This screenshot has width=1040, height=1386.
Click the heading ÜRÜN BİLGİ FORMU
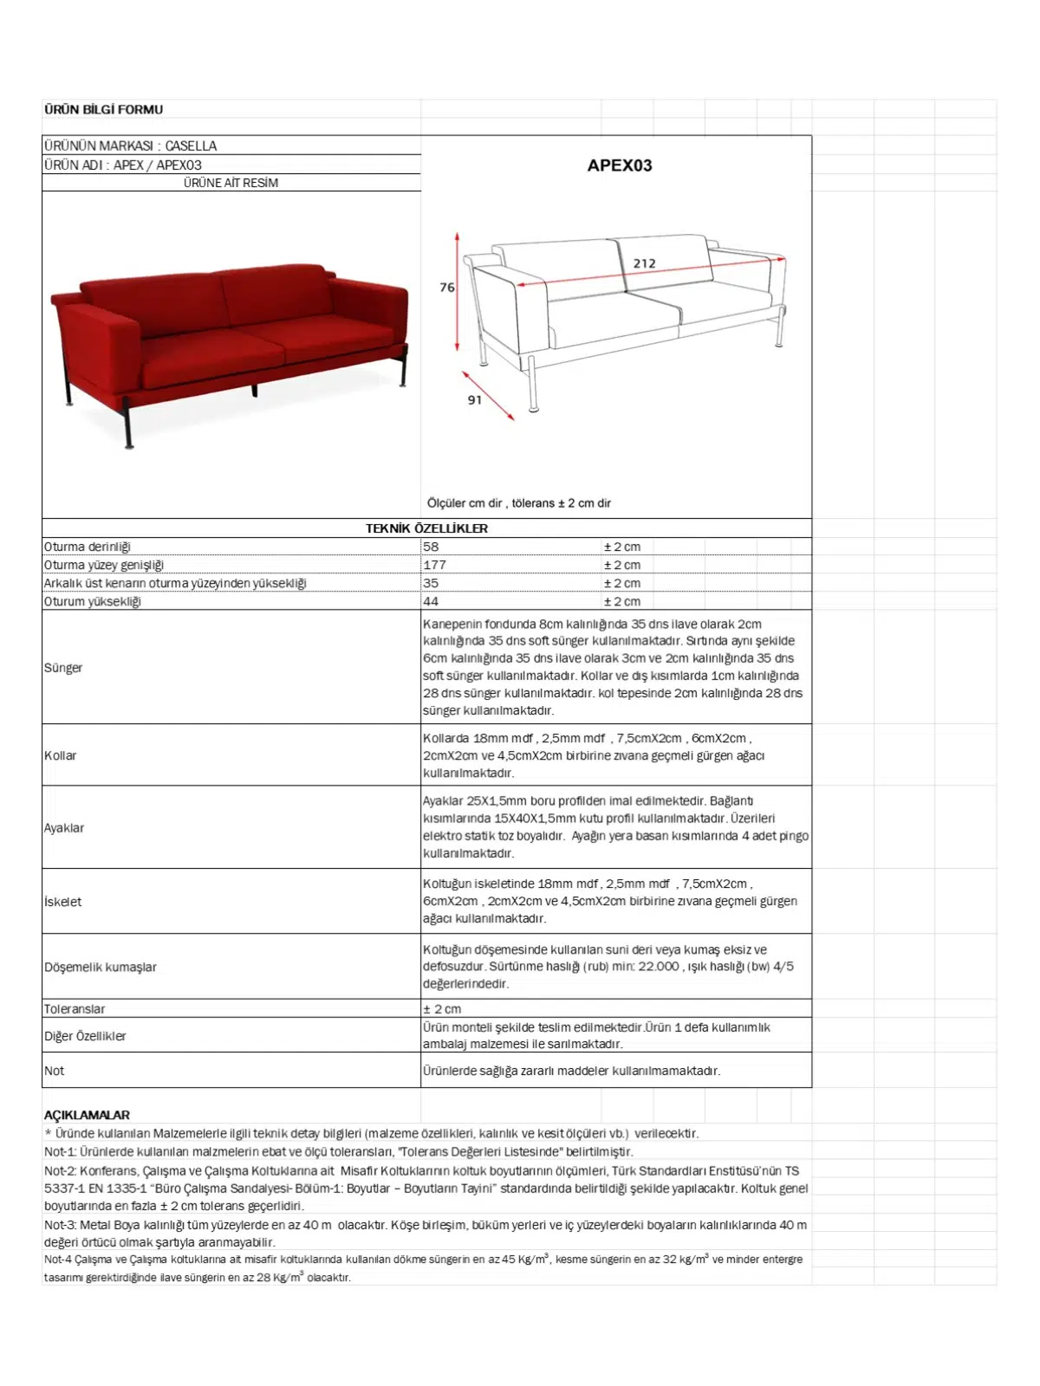click(103, 110)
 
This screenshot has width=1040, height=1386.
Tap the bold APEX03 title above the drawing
click(619, 165)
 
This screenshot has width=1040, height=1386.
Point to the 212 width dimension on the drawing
click(644, 263)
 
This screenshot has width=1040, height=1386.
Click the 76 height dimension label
click(447, 288)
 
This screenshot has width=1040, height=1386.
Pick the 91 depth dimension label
click(474, 400)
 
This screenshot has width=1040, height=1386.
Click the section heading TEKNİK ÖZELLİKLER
click(426, 528)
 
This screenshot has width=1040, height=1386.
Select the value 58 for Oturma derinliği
click(431, 547)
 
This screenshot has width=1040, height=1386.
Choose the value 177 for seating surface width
click(434, 565)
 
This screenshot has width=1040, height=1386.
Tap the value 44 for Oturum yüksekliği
click(431, 601)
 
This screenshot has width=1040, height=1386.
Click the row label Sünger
click(63, 668)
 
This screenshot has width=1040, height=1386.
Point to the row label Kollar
click(61, 755)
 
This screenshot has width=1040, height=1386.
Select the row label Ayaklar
click(64, 828)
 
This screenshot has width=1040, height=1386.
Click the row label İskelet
click(63, 902)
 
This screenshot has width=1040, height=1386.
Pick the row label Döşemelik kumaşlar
click(101, 967)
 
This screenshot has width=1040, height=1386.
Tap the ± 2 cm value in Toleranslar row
click(442, 1009)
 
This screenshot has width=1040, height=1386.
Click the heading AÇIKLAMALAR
click(87, 1115)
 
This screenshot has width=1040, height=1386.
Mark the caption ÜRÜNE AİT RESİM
click(231, 183)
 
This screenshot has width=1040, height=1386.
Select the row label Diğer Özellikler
click(85, 1036)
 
